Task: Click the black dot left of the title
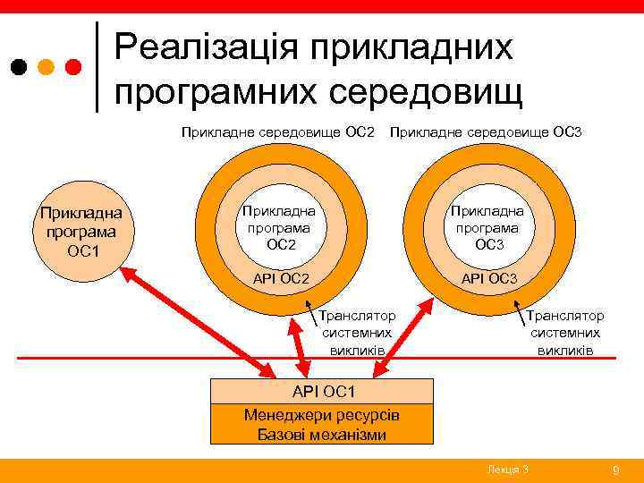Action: pyautogui.click(x=19, y=67)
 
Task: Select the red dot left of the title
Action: pyautogui.click(x=74, y=67)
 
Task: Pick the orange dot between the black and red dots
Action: pyautogui.click(x=47, y=67)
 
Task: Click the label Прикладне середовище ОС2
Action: pyautogui.click(x=278, y=132)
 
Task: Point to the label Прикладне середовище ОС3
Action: pyautogui.click(x=484, y=132)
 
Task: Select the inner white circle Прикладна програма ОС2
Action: pyautogui.click(x=281, y=225)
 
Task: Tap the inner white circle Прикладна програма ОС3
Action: pyautogui.click(x=488, y=225)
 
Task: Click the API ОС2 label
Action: pyautogui.click(x=281, y=279)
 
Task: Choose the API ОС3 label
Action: pyautogui.click(x=488, y=279)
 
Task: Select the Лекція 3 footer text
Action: pyautogui.click(x=507, y=470)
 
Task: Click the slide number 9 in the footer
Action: pyautogui.click(x=614, y=470)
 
